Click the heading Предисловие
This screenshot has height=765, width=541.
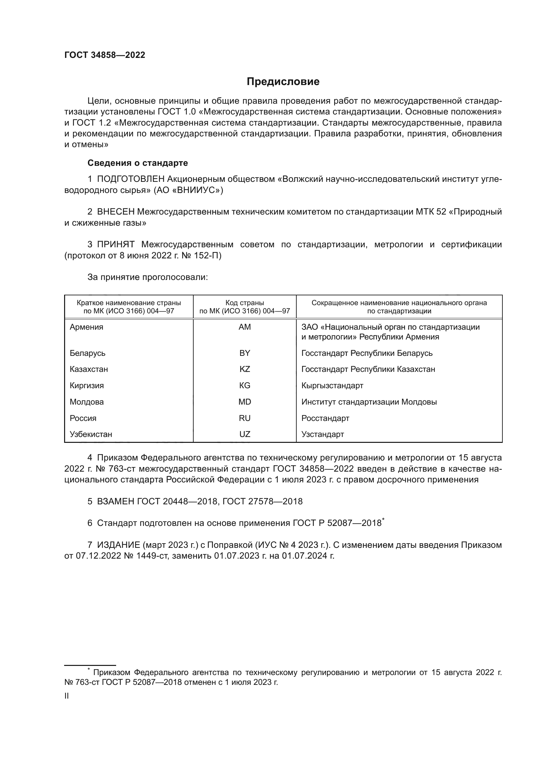(283, 82)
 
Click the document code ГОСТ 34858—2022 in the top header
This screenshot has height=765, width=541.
(105, 55)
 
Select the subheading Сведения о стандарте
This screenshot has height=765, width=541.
(138, 163)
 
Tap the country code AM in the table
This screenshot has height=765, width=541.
(245, 327)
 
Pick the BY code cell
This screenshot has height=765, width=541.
(245, 353)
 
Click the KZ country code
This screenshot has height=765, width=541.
(245, 369)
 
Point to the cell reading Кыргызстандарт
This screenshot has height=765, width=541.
(332, 386)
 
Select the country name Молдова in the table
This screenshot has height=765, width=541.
(87, 402)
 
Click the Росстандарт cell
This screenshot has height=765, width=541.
(325, 418)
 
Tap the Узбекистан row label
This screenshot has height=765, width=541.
(91, 434)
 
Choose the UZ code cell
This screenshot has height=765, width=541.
(245, 434)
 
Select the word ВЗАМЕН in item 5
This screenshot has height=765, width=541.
(115, 501)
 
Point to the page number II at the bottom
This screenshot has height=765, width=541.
(67, 696)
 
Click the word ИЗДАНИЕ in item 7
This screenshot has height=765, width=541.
(119, 545)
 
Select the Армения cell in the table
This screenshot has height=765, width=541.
(86, 327)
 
